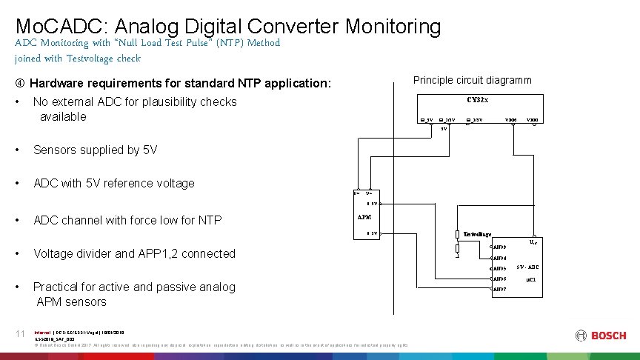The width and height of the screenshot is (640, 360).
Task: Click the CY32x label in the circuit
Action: coord(478,100)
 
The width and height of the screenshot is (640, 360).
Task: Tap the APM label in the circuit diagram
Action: coord(364,218)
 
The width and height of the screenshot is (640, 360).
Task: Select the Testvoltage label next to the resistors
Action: coord(477,234)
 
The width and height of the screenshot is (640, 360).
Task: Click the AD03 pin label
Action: coord(500,247)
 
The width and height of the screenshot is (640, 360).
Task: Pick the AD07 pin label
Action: coord(500,290)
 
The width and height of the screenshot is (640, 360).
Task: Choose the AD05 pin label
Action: coord(500,268)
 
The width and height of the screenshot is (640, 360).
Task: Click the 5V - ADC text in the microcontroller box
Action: coord(527,267)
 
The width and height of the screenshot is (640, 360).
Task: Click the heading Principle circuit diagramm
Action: coord(472,80)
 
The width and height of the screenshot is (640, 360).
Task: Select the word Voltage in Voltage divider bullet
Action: coord(56,253)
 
